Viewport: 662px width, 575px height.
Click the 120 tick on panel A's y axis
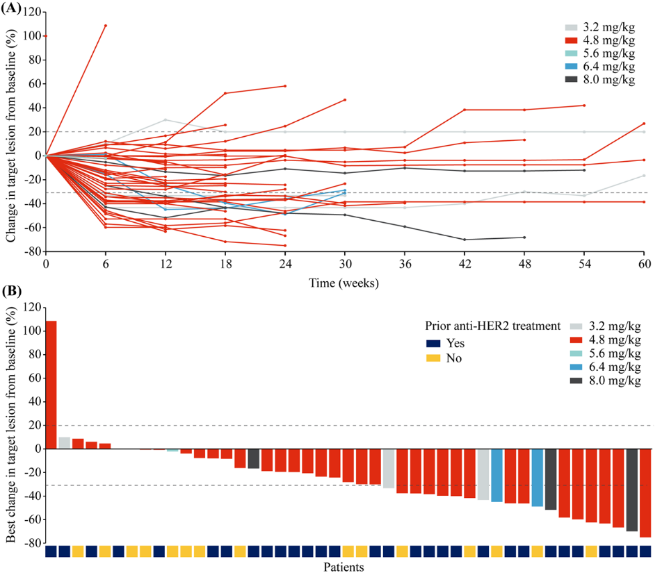coord(29,12)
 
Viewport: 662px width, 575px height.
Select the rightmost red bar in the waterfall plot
coord(645,493)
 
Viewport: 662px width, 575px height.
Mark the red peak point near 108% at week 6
coord(105,26)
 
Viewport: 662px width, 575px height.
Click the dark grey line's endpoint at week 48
coord(524,237)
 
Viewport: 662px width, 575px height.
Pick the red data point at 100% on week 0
coord(46,35)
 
